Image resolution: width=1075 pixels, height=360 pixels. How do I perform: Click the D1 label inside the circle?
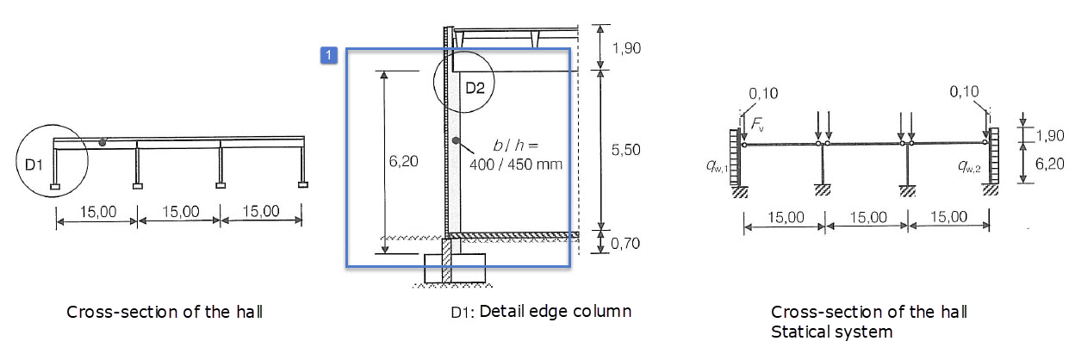(x=34, y=165)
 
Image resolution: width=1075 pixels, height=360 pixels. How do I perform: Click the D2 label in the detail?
(x=475, y=88)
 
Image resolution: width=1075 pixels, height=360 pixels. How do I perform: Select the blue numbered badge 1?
(x=329, y=56)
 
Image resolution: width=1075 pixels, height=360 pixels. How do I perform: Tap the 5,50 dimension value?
(x=626, y=150)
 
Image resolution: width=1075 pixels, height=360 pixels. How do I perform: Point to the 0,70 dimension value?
(x=625, y=244)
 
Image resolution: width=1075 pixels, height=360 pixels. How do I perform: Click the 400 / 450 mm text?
(x=516, y=164)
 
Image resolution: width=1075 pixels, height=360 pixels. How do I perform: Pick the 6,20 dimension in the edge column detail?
(x=404, y=161)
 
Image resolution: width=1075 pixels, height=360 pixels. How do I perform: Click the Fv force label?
(x=757, y=125)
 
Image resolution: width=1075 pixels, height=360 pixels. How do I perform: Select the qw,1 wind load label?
(x=717, y=166)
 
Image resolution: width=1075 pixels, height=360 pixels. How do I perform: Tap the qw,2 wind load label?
(x=969, y=166)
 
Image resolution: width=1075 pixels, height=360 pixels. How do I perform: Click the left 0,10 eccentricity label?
(x=763, y=93)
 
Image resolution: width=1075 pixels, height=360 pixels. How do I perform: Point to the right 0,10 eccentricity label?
(x=964, y=91)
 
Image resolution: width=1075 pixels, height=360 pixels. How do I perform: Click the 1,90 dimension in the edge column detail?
(x=626, y=48)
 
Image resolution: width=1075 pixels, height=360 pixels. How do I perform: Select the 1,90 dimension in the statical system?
(x=1050, y=135)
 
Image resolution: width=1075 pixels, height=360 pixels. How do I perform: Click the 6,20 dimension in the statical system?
(x=1049, y=164)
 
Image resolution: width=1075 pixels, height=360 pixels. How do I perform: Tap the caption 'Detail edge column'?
(x=556, y=311)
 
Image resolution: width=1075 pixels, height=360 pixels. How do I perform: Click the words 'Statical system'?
(x=832, y=332)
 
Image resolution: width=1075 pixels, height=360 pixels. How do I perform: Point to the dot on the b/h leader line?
(x=456, y=140)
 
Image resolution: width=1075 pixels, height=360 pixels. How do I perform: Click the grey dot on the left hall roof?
(x=103, y=143)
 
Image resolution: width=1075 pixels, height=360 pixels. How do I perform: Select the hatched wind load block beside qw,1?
(x=735, y=158)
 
